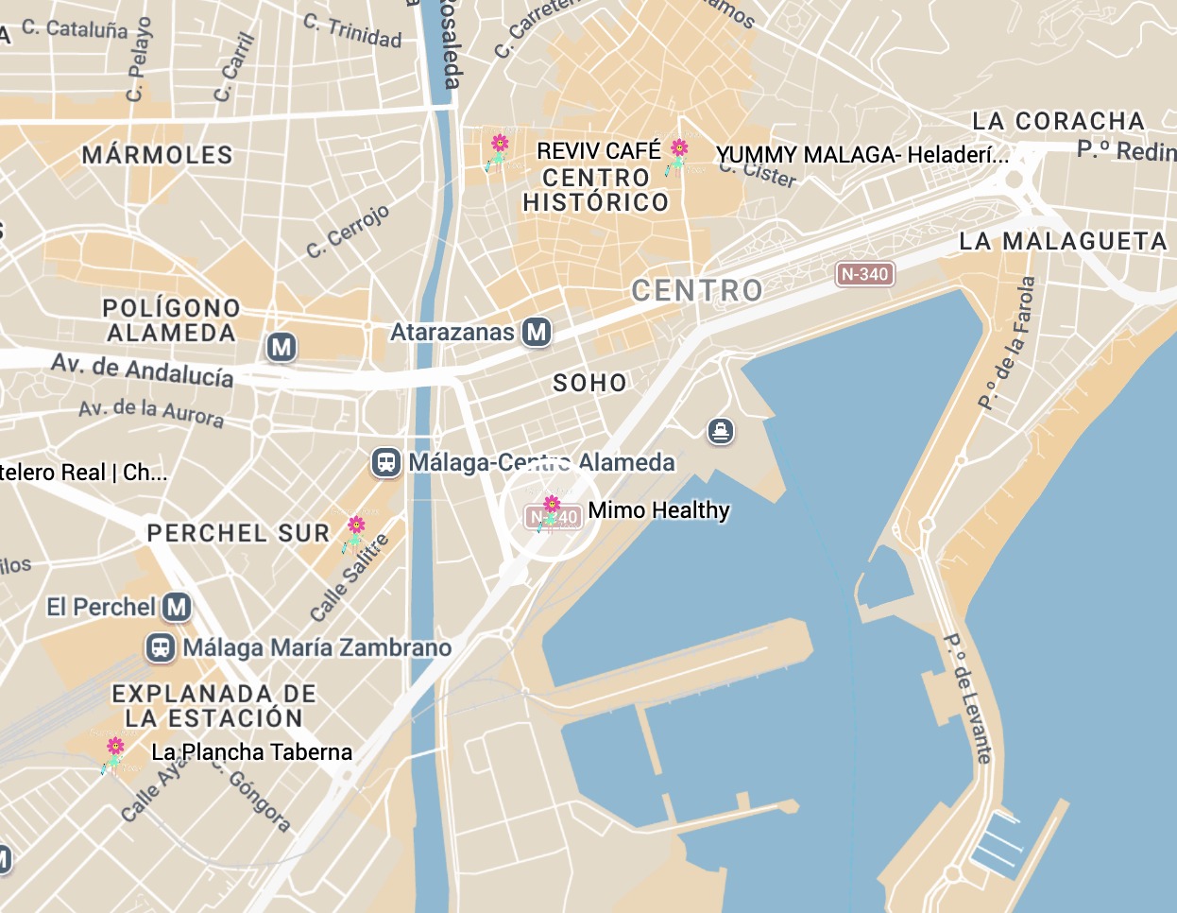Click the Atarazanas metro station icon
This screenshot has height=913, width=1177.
tap(537, 332)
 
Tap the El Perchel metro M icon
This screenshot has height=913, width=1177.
tap(177, 607)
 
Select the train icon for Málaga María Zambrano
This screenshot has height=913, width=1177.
tap(161, 647)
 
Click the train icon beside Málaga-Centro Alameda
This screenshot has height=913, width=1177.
tap(386, 462)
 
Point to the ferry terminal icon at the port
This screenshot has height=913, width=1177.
tap(721, 432)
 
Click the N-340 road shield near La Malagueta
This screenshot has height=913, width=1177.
tap(864, 274)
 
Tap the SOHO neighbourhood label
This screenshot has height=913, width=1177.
tap(589, 383)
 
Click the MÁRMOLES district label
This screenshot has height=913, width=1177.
tap(157, 155)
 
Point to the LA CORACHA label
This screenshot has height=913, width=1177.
tap(1058, 121)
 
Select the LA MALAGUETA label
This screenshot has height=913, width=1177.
tap(1063, 241)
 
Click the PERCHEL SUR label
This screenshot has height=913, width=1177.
tap(238, 533)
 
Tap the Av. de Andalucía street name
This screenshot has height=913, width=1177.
tap(143, 370)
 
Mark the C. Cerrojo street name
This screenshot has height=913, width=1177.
tap(348, 232)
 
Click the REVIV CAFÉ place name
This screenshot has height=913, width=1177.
tap(599, 151)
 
